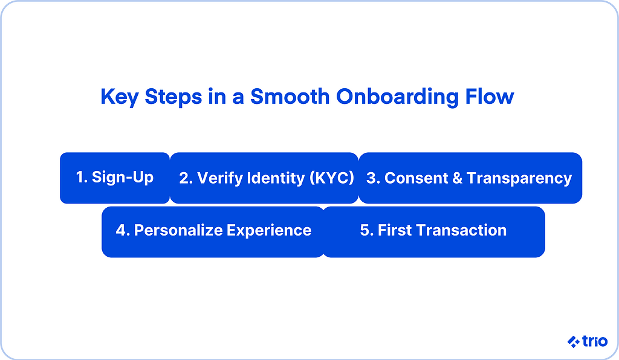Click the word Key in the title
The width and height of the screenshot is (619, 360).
(119, 97)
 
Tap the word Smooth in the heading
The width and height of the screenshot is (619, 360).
(290, 96)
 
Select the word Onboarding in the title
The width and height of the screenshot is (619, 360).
(397, 97)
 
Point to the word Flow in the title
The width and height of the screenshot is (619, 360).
(490, 96)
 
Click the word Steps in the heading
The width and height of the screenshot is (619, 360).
(173, 97)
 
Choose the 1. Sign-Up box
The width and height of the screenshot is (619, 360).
(115, 178)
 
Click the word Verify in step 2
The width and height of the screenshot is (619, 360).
(219, 178)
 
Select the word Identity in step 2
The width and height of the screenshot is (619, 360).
(276, 178)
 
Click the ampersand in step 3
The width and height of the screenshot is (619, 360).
(457, 178)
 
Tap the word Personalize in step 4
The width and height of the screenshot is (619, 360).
(178, 230)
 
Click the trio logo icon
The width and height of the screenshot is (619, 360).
(574, 341)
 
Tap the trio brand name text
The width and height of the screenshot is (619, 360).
(595, 341)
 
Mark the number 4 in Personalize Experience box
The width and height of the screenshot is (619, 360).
(120, 230)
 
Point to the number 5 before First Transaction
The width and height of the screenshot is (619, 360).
(365, 230)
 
